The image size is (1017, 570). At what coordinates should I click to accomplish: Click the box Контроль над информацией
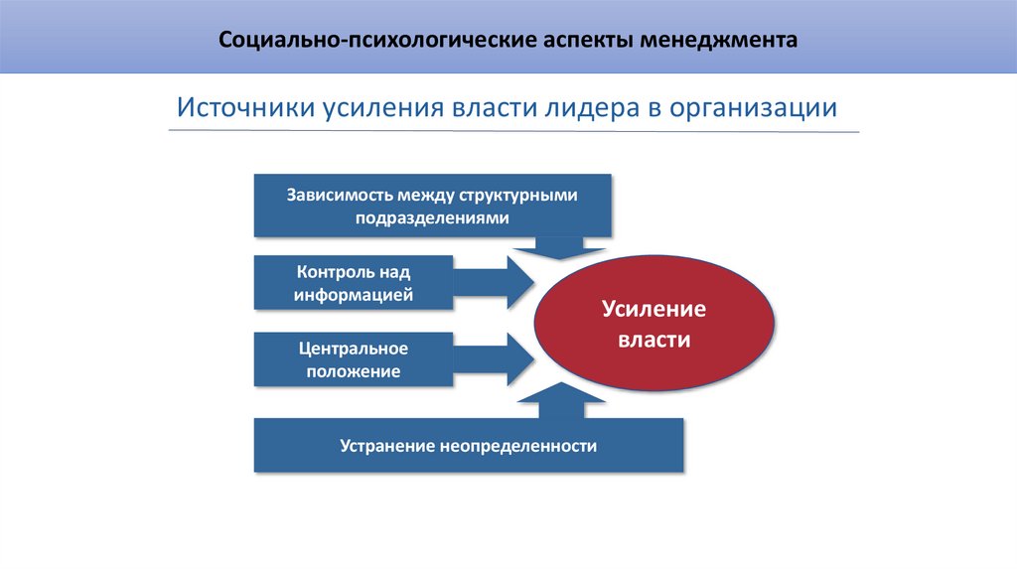(353, 282)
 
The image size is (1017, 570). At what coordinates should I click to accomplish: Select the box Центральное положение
(353, 359)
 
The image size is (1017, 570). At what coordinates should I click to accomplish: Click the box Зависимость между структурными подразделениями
(432, 206)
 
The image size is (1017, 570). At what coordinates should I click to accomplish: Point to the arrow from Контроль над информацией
(494, 282)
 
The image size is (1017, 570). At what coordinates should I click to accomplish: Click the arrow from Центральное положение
(494, 359)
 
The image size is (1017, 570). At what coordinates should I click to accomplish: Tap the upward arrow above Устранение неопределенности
(560, 403)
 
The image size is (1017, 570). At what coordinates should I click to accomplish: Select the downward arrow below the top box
(560, 246)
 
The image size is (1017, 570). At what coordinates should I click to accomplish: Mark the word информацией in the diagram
(353, 295)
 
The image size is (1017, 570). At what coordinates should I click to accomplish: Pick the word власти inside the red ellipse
(654, 340)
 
